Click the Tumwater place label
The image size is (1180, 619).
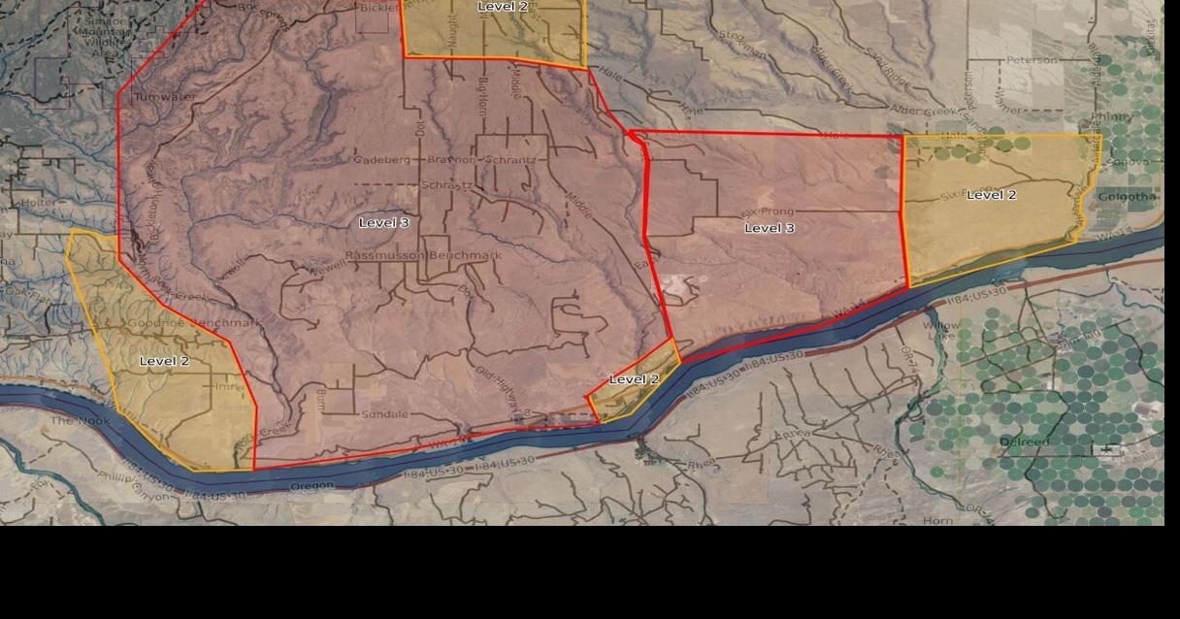164,97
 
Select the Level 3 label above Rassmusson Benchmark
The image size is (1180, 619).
384,223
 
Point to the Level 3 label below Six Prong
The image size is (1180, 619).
770,228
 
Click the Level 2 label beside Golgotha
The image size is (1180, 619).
992,195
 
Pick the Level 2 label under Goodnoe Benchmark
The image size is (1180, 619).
165,361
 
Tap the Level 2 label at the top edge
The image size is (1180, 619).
503,7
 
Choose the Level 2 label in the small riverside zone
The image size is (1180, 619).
634,379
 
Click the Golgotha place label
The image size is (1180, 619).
1127,197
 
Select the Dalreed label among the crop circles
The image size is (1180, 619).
1024,442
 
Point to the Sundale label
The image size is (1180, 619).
385,414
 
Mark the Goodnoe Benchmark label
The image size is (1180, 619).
193,323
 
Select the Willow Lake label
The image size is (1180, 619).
940,331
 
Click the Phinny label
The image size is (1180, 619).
1111,117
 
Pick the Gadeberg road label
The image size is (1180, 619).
383,159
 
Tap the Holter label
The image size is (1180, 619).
40,203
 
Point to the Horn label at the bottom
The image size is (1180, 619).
937,521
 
